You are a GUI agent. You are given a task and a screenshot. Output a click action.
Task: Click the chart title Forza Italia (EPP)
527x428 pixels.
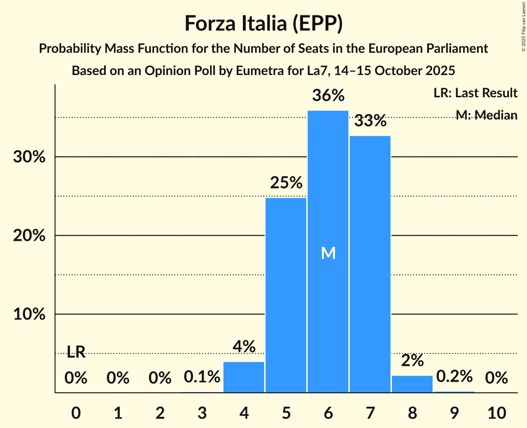[x=263, y=23]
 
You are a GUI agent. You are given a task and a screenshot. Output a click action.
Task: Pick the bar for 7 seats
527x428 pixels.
[x=370, y=264]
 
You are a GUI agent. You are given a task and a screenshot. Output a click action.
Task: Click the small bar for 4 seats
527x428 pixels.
[x=244, y=377]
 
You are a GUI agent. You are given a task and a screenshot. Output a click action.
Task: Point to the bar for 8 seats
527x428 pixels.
[x=412, y=384]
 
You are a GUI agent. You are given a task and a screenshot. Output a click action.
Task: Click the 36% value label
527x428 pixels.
[x=328, y=96]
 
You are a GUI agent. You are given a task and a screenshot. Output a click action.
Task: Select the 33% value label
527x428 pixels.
[x=370, y=121]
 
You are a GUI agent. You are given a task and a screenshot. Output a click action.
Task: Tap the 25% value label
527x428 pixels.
[x=286, y=183]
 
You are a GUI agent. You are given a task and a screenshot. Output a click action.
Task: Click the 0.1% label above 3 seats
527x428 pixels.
[x=202, y=377]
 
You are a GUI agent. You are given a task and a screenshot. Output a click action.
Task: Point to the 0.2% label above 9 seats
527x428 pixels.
[x=454, y=376]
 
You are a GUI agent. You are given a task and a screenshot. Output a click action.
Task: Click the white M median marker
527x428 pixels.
[x=328, y=253]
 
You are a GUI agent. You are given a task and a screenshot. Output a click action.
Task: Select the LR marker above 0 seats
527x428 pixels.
[x=76, y=352]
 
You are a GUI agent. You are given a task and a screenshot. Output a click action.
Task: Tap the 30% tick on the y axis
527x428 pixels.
[x=29, y=157]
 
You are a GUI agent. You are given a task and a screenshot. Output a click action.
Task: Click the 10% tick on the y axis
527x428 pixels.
[x=29, y=315]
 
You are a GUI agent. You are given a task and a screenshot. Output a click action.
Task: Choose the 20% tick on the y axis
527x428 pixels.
[x=29, y=236]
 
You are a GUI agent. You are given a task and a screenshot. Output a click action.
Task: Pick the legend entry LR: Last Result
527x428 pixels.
[x=475, y=93]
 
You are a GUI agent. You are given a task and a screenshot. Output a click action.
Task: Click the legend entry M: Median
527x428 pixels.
[x=486, y=115]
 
